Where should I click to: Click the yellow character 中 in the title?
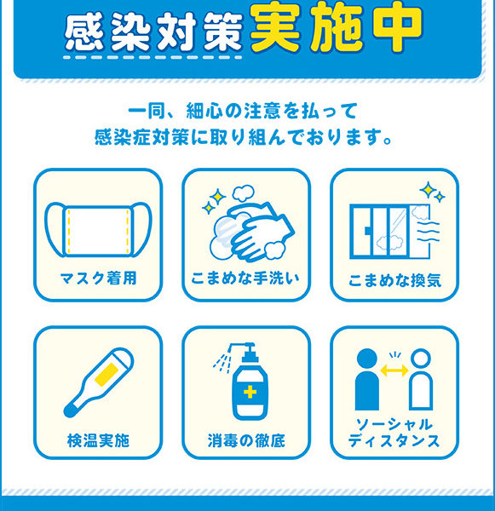tap(400, 27)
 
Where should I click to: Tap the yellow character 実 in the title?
tap(275, 27)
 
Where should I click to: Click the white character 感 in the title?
tap(85, 32)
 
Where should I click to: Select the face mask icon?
tap(98, 229)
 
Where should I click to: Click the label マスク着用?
tap(98, 278)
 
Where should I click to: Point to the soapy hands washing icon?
tap(249, 225)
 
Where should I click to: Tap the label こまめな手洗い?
tap(245, 278)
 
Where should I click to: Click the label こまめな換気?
tap(394, 280)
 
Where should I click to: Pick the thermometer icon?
tap(99, 382)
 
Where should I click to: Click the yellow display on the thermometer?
tap(106, 374)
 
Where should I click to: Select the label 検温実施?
tap(98, 440)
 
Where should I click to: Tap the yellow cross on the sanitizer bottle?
tap(250, 392)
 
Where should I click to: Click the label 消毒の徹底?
tap(246, 440)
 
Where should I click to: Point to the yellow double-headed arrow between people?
tap(394, 370)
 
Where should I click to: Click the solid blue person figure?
tap(367, 380)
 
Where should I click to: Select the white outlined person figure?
tap(421, 380)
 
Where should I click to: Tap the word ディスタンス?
tap(394, 440)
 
